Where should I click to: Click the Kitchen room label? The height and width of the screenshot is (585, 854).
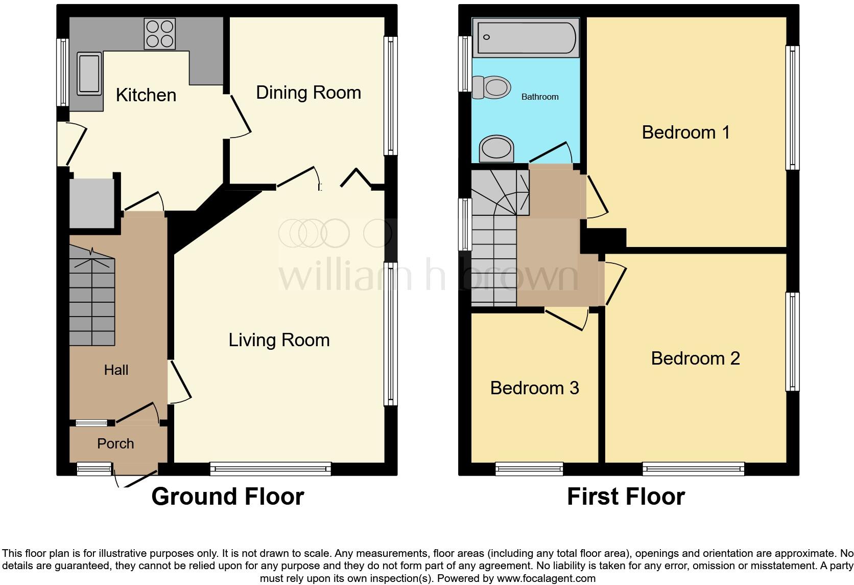pos(146,95)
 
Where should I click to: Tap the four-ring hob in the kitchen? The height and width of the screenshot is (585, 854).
pos(159,34)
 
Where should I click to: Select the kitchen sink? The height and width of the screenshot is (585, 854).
pos(89,75)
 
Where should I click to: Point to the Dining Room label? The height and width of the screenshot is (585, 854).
pos(308,93)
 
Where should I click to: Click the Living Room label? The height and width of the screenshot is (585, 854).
pos(278,340)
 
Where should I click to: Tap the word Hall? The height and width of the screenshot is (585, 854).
pos(116,370)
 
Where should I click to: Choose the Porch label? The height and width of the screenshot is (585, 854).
pos(115,443)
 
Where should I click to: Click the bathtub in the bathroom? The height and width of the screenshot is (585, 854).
pos(526,37)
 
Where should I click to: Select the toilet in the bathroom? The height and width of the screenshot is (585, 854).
pos(491,87)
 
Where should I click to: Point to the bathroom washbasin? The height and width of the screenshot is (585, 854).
pos(496,148)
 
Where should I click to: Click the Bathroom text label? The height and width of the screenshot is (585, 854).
pos(539,97)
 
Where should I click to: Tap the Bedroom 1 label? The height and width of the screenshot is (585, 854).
pos(685,132)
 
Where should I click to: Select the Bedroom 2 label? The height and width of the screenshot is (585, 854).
pos(695,358)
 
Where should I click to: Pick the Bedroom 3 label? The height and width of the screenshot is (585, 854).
pos(534,388)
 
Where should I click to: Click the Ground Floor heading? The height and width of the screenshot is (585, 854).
pos(227,497)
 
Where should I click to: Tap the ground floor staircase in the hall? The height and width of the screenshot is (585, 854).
pos(92,297)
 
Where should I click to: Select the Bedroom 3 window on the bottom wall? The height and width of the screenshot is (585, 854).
pos(529,468)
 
